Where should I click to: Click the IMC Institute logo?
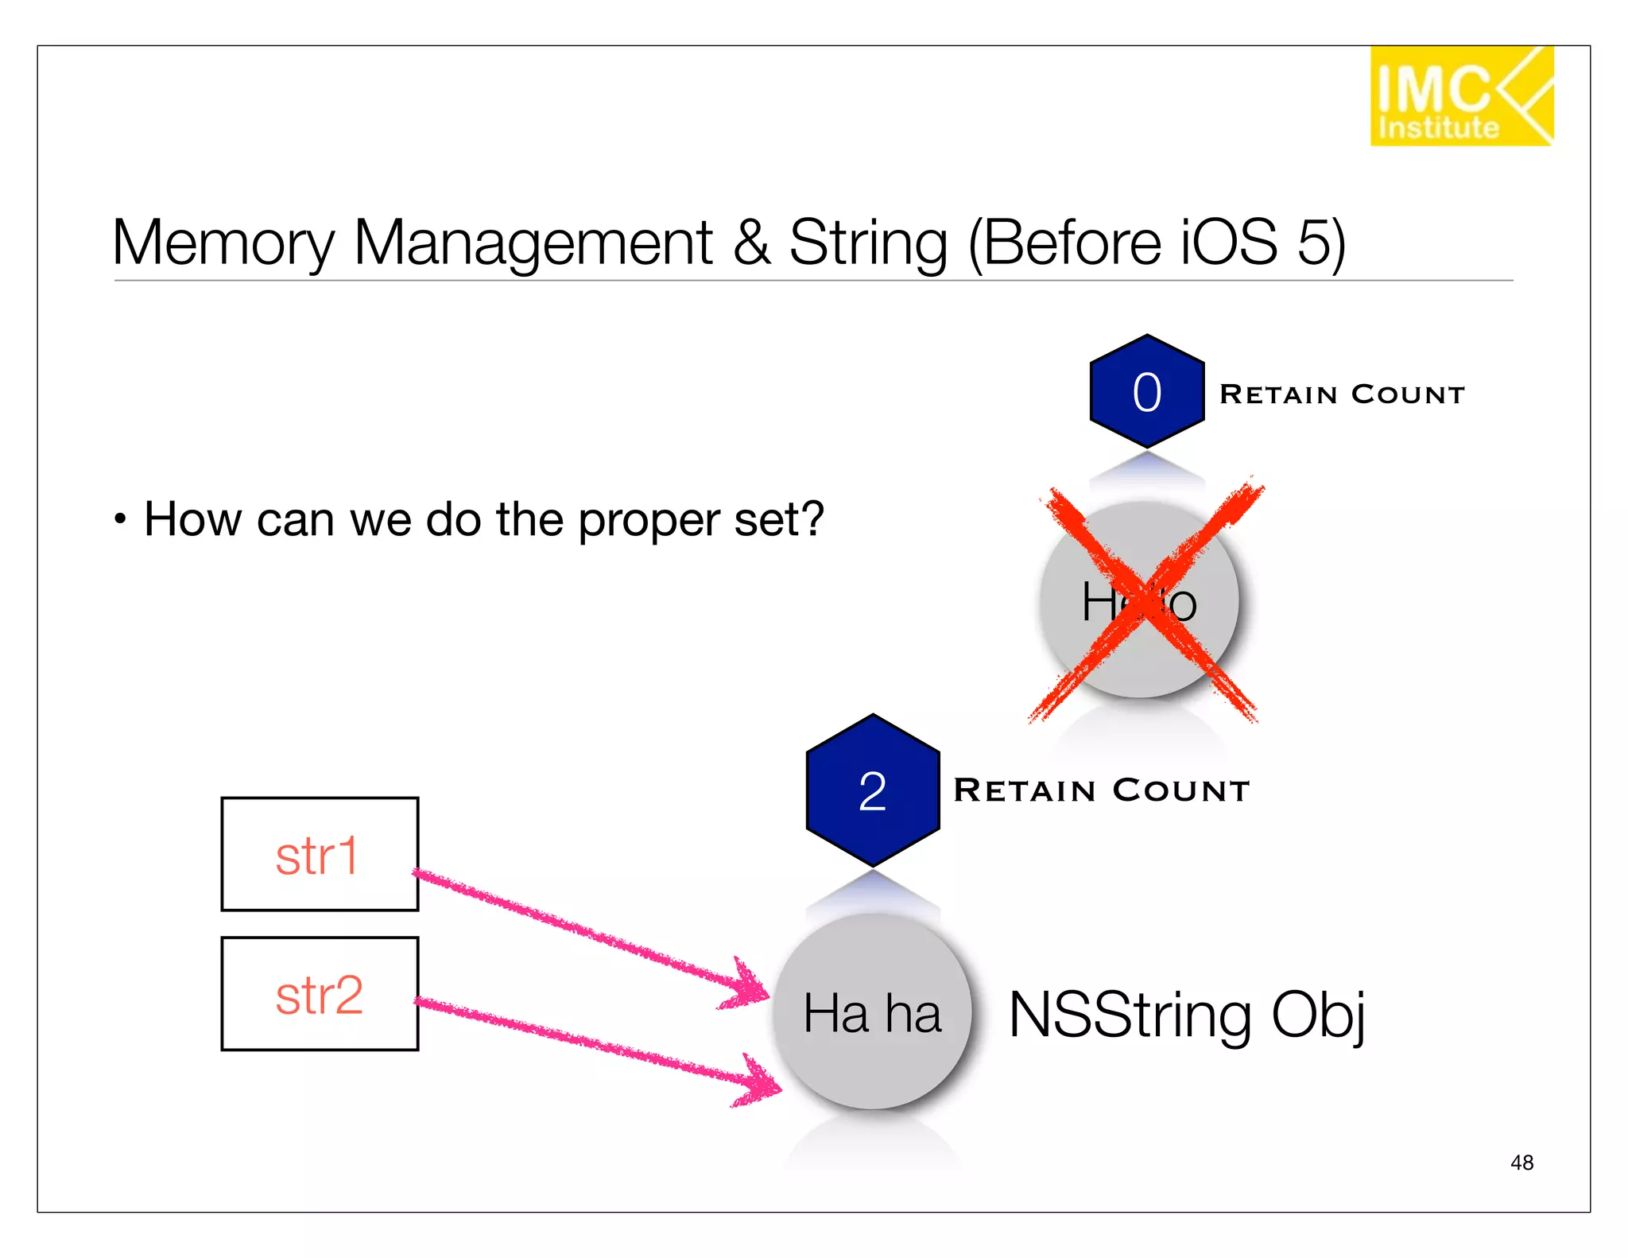[x=1461, y=96]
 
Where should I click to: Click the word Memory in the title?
[x=223, y=243]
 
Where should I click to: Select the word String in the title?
[x=867, y=243]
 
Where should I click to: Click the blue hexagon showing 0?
[x=1146, y=391]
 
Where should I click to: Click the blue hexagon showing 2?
[x=873, y=790]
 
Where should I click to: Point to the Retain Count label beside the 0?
[x=1342, y=394]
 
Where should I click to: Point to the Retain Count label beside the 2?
[x=1101, y=790]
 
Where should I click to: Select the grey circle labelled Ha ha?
[x=873, y=1011]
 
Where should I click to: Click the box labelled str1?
[x=320, y=854]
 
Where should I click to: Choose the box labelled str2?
[x=320, y=994]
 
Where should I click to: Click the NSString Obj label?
[x=1186, y=1015]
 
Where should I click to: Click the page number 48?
[x=1521, y=1163]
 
